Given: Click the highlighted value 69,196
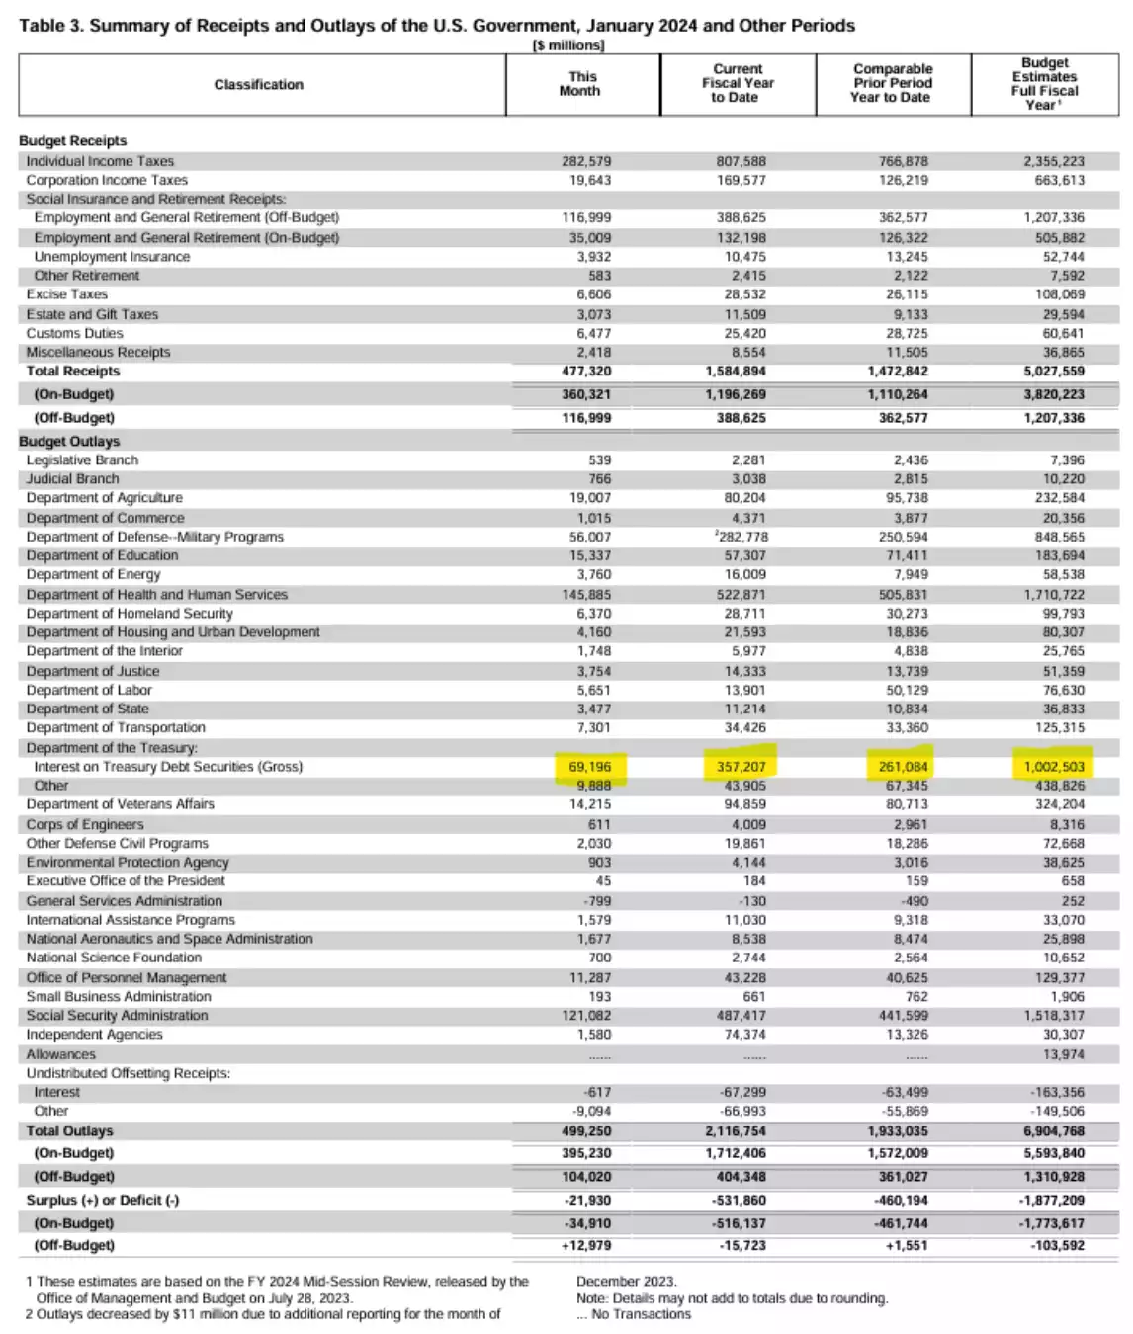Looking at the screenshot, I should [x=589, y=767].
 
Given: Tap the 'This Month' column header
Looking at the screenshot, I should [x=581, y=84].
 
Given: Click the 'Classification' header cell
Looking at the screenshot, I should [x=259, y=85].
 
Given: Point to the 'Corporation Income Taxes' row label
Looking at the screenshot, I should [x=107, y=180].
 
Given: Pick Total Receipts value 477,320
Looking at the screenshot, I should [x=586, y=372].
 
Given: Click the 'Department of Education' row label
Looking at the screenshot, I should [x=102, y=555].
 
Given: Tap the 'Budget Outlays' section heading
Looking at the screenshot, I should [x=69, y=441].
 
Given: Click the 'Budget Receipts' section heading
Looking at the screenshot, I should [x=73, y=141].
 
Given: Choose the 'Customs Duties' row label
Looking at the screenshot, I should [x=75, y=333].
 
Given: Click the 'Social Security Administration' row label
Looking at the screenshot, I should [x=117, y=1015].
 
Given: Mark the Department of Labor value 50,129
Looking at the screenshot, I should [x=907, y=690].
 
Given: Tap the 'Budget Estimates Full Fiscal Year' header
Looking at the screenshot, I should [x=1044, y=84].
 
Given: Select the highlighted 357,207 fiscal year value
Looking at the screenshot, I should [x=741, y=767].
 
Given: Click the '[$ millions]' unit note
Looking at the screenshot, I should [x=568, y=45].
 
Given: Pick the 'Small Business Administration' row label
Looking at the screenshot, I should [x=119, y=996].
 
